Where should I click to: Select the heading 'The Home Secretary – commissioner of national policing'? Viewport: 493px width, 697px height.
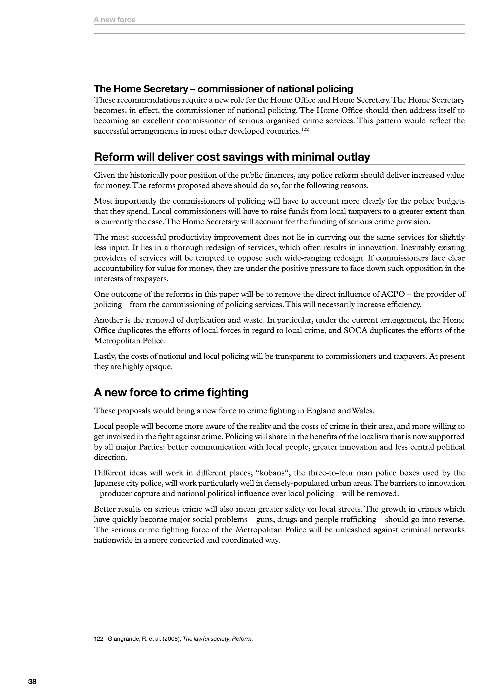click(223, 89)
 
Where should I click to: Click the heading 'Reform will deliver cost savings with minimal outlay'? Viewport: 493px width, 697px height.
click(232, 157)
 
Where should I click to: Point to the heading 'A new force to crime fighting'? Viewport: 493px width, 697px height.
click(171, 393)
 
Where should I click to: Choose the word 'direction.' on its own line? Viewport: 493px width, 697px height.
click(110, 458)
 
